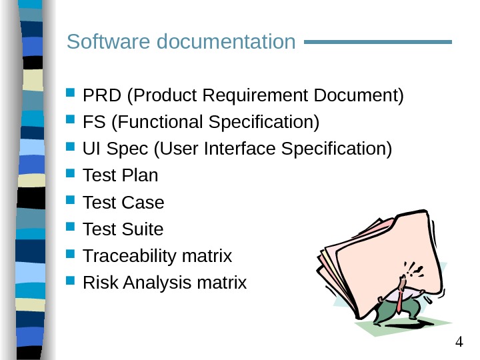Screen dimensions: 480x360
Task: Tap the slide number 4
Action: tap(459, 343)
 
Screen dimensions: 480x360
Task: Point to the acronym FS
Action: tap(93, 123)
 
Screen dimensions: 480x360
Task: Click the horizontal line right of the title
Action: tap(377, 42)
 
